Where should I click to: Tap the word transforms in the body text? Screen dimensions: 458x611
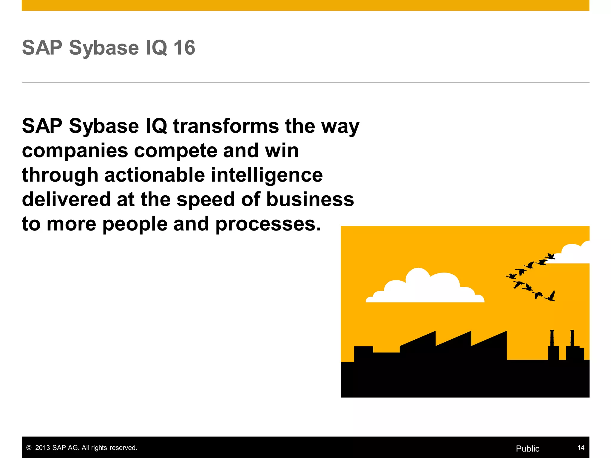[226, 126]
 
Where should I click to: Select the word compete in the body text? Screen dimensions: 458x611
[175, 151]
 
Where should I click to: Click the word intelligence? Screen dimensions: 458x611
[267, 176]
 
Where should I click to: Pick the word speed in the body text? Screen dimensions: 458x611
[206, 200]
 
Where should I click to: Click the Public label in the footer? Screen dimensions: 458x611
[527, 448]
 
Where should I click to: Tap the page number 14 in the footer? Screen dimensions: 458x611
[581, 448]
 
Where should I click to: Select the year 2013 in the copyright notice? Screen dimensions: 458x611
[42, 448]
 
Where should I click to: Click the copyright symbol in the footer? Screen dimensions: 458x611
[29, 448]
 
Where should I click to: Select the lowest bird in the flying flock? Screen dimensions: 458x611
[551, 296]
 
